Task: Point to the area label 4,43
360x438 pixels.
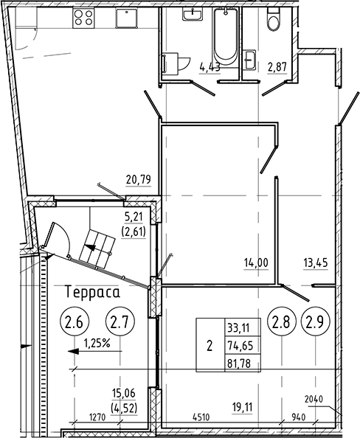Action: pyautogui.click(x=210, y=68)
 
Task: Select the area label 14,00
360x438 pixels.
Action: pyautogui.click(x=257, y=260)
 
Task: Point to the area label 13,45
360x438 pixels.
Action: pyautogui.click(x=316, y=260)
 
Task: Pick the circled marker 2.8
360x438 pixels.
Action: pyautogui.click(x=283, y=321)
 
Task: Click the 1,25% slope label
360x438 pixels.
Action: pyautogui.click(x=97, y=342)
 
